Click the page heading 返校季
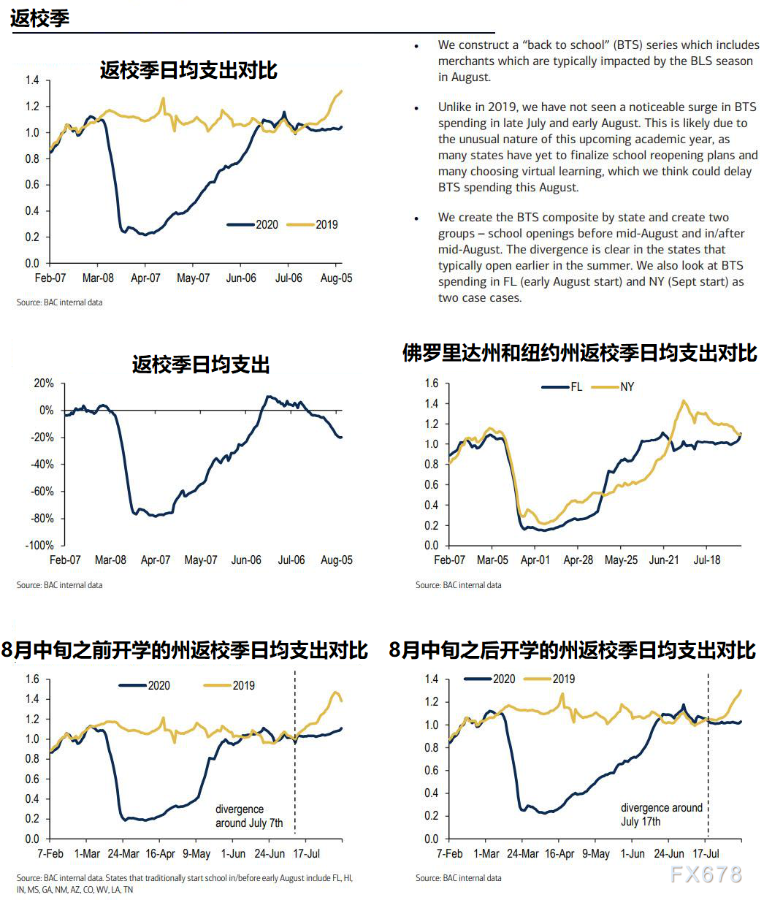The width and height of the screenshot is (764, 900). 40,18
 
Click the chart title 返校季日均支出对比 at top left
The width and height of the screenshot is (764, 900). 188,71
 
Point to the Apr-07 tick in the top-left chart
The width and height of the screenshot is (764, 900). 145,278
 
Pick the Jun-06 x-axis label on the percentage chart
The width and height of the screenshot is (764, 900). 246,560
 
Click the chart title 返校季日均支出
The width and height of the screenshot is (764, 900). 201,365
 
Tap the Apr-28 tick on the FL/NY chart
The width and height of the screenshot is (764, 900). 578,560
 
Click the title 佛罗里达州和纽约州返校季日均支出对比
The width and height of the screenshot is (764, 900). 579,354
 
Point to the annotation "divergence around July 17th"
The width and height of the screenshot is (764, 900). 661,815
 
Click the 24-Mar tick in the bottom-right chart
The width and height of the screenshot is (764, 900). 523,853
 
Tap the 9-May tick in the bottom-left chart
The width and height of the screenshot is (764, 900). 196,853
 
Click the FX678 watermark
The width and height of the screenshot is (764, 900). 706,874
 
